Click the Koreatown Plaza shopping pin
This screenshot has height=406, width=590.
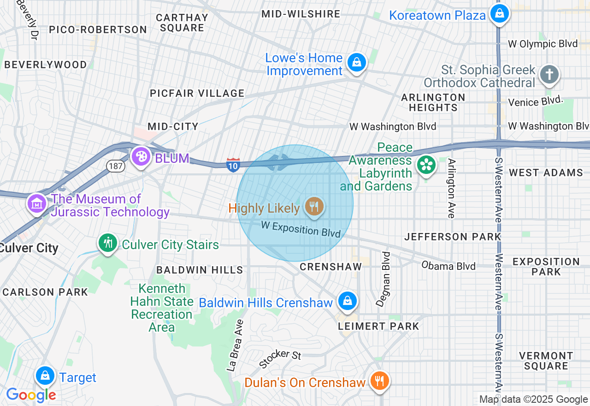[499, 14]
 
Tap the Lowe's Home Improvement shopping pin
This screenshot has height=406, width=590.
[356, 62]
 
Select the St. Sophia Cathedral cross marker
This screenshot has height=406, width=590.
[549, 75]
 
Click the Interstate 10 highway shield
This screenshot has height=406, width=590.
[233, 164]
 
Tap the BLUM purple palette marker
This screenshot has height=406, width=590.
[141, 157]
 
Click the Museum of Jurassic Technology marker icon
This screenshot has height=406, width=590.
[37, 203]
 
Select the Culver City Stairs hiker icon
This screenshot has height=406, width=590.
[108, 243]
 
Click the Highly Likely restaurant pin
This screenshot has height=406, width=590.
[314, 206]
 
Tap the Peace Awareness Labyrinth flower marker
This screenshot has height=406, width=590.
[426, 165]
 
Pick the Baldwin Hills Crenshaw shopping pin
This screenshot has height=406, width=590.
[347, 301]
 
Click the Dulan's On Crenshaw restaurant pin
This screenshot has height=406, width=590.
[379, 381]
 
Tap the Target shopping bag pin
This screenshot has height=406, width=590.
[45, 376]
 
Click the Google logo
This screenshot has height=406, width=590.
[31, 395]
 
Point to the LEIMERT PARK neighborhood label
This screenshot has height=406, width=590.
[378, 326]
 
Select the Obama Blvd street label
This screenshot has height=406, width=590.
[448, 266]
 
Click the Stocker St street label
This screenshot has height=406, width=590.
[280, 359]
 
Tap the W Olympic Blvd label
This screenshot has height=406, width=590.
[543, 44]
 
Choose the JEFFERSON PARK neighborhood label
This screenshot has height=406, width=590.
[452, 237]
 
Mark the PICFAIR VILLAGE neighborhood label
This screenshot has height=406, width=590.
[197, 93]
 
